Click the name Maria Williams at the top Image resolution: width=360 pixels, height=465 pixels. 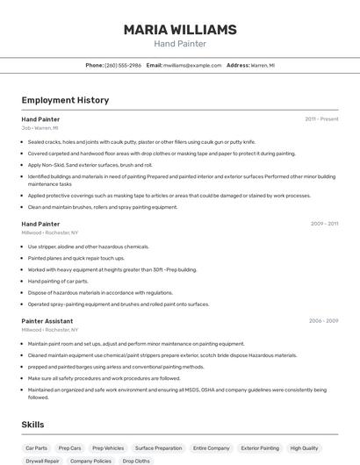[x=180, y=30]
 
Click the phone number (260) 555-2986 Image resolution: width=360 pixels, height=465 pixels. [x=123, y=65]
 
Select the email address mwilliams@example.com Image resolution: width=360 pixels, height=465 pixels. [x=192, y=65]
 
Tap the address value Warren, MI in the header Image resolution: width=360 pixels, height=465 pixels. [x=263, y=65]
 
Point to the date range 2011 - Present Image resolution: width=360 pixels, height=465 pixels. [x=321, y=118]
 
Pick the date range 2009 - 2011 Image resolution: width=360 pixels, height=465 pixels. [x=324, y=224]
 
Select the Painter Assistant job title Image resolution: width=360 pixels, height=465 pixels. [x=47, y=321]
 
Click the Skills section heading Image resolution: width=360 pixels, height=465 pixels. [x=33, y=424]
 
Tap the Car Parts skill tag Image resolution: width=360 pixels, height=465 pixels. [x=37, y=447]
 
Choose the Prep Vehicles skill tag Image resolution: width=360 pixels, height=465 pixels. [x=108, y=447]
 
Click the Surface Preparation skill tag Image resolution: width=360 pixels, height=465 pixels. [x=158, y=447]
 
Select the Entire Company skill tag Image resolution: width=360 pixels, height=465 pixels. [x=212, y=447]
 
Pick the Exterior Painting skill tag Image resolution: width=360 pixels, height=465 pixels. [x=260, y=447]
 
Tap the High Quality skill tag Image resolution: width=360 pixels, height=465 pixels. [x=305, y=447]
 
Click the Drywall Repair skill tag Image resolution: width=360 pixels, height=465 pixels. [x=42, y=461]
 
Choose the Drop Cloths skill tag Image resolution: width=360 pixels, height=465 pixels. [x=136, y=461]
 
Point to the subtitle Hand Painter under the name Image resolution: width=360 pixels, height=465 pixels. [x=180, y=44]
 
